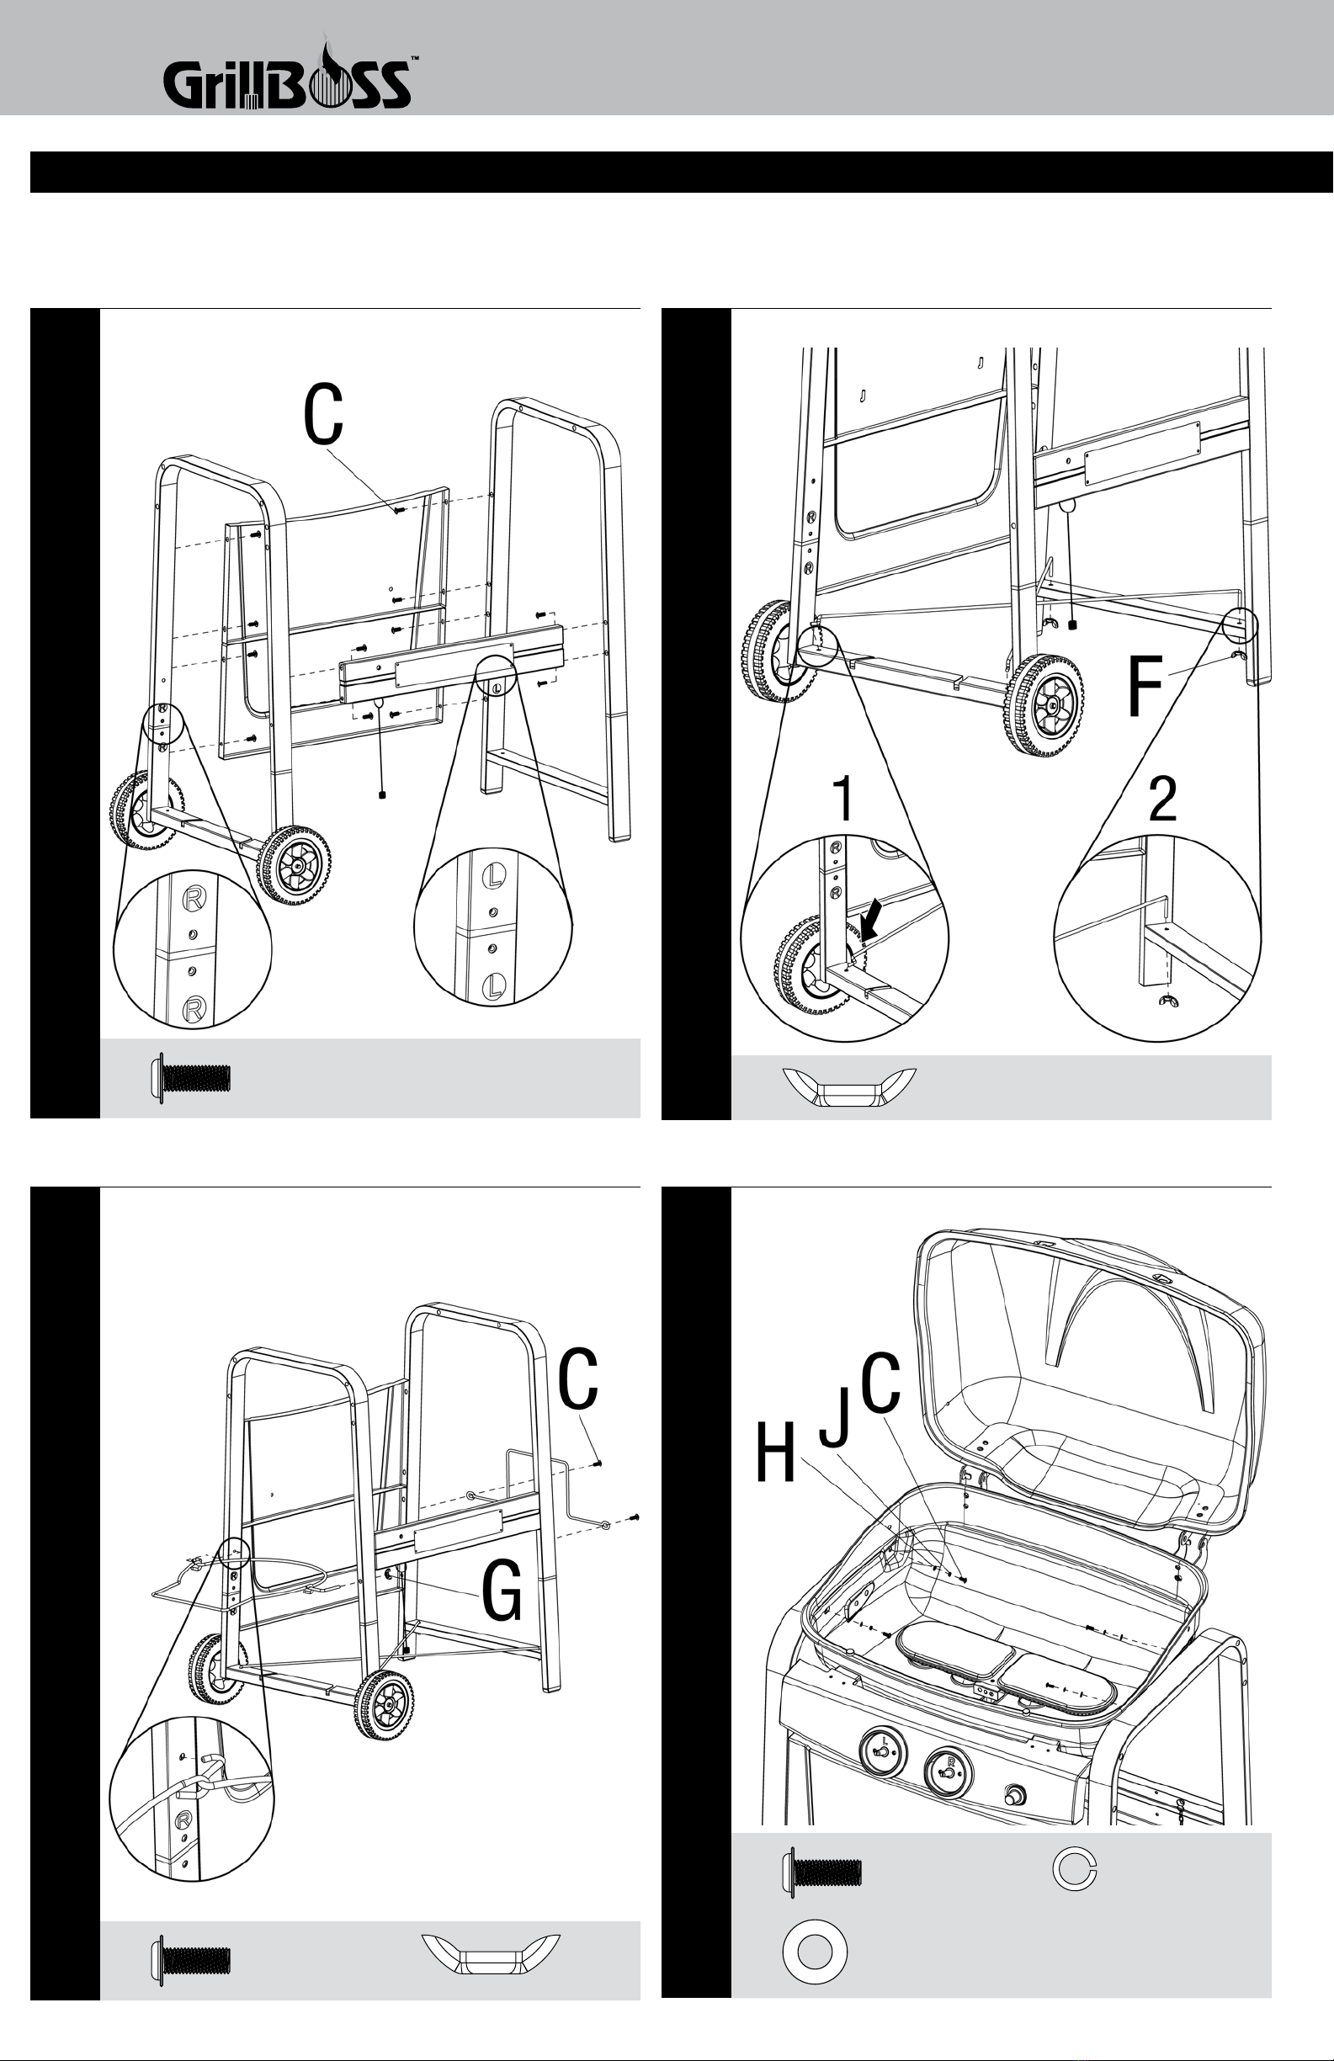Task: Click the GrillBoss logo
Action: pos(287,80)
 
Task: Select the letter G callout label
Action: pos(502,1591)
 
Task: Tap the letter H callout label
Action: pos(775,1454)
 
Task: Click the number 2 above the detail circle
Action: pos(1162,799)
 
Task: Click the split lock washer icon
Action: pos(1075,1870)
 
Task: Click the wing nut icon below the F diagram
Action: pos(849,1087)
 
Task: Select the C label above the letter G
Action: pos(577,1379)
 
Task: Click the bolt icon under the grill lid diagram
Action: pos(821,1872)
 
